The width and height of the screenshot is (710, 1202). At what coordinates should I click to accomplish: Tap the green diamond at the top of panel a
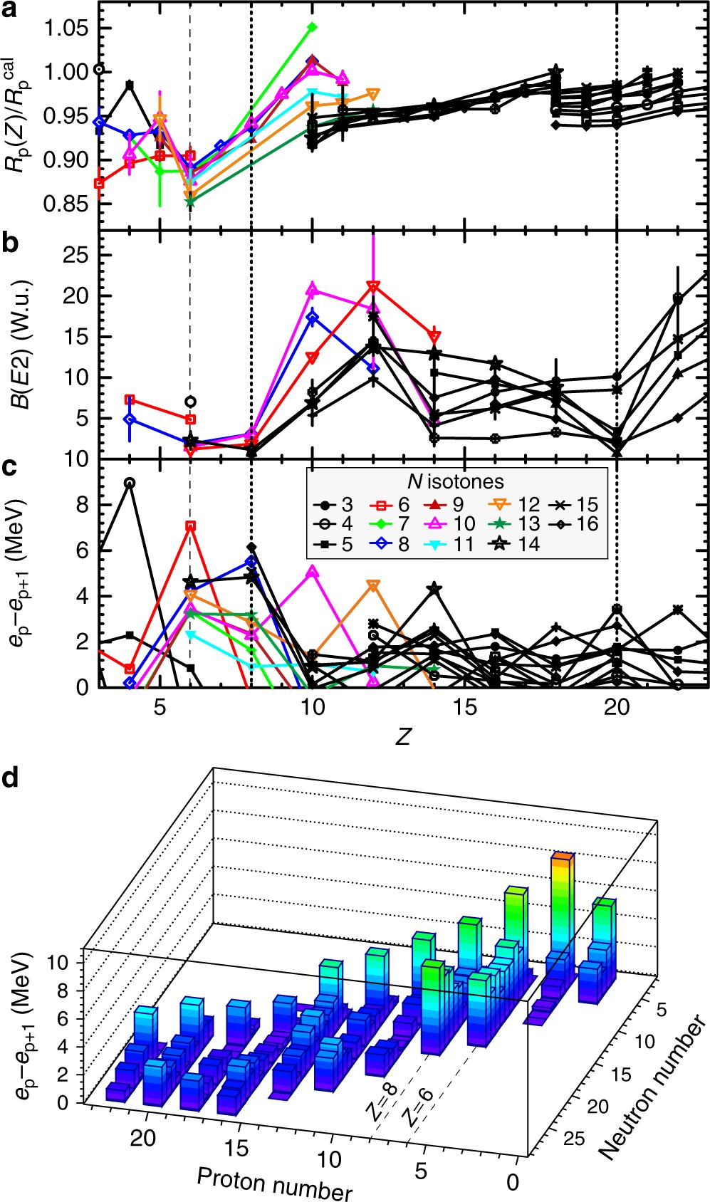point(312,27)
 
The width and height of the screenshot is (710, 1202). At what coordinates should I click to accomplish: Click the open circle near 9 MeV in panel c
point(129,483)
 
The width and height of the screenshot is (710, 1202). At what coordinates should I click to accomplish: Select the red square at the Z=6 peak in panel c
point(190,526)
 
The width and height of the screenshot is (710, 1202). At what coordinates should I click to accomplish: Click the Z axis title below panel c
point(403,736)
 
